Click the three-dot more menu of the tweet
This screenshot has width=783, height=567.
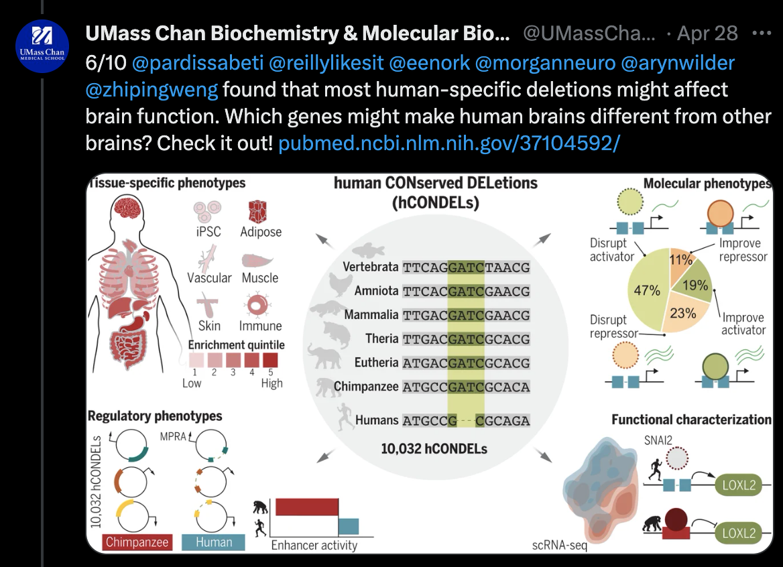click(x=762, y=33)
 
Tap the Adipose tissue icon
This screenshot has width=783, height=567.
click(x=260, y=212)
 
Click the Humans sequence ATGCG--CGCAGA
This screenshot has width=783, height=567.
click(x=466, y=421)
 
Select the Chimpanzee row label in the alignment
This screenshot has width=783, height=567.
click(x=366, y=387)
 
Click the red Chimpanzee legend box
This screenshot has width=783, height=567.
click(x=137, y=542)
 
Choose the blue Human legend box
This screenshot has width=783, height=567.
click(x=213, y=542)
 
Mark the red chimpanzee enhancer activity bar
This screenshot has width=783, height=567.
click(x=306, y=507)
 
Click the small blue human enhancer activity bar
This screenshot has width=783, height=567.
click(x=349, y=526)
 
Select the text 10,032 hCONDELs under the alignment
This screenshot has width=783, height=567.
click(x=434, y=448)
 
